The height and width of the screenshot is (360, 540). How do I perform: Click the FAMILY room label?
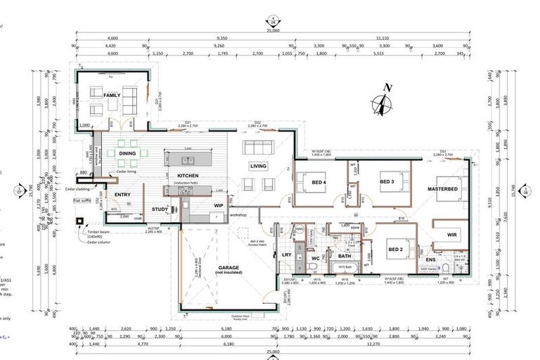click(x=112, y=95)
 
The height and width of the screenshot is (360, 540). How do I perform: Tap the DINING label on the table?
click(x=127, y=153)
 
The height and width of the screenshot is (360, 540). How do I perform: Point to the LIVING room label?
click(x=258, y=166)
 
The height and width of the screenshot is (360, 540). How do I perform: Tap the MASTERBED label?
click(x=442, y=190)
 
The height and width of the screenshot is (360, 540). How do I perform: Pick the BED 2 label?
click(x=394, y=250)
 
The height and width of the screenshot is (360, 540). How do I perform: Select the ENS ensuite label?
click(x=430, y=260)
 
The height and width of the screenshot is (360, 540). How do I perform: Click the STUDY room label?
click(x=160, y=210)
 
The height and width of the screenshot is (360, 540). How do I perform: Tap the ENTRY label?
click(x=122, y=195)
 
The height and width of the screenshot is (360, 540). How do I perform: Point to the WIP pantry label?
click(x=218, y=205)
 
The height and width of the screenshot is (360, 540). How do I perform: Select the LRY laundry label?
click(x=286, y=255)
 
